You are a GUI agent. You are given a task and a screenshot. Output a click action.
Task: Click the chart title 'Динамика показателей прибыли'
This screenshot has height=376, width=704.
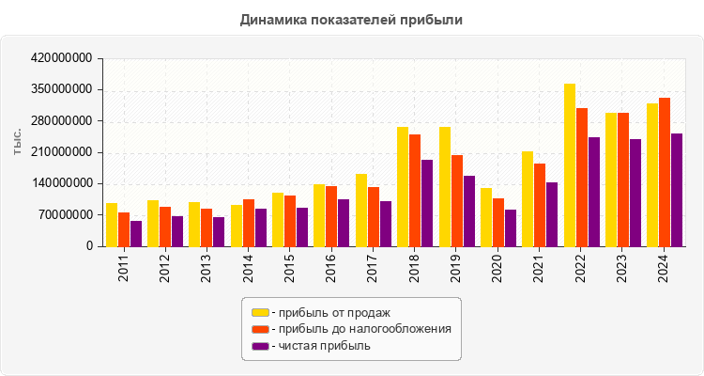pos(352,19)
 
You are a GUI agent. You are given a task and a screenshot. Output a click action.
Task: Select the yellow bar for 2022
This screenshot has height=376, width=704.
pos(570,165)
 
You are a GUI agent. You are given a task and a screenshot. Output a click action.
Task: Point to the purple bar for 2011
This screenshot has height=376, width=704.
pos(136,234)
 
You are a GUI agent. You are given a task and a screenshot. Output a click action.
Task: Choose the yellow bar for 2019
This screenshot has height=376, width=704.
pos(445,187)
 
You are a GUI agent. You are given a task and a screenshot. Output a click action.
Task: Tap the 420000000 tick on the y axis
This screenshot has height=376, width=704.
pos(62,58)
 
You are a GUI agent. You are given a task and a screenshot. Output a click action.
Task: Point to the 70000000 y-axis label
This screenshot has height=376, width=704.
pos(66,215)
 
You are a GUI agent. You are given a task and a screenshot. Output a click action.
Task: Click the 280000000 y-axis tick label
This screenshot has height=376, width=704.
pos(62,121)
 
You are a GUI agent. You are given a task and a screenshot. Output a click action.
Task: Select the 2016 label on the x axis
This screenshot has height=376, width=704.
pos(331,268)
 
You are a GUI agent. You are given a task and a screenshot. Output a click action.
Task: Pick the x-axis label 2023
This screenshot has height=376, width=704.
pos(622,268)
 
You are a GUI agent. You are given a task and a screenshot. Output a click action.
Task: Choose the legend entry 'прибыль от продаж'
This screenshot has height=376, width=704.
pos(329,312)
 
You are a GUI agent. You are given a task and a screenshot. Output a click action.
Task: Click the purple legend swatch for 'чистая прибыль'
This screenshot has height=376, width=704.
pos(260,346)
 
